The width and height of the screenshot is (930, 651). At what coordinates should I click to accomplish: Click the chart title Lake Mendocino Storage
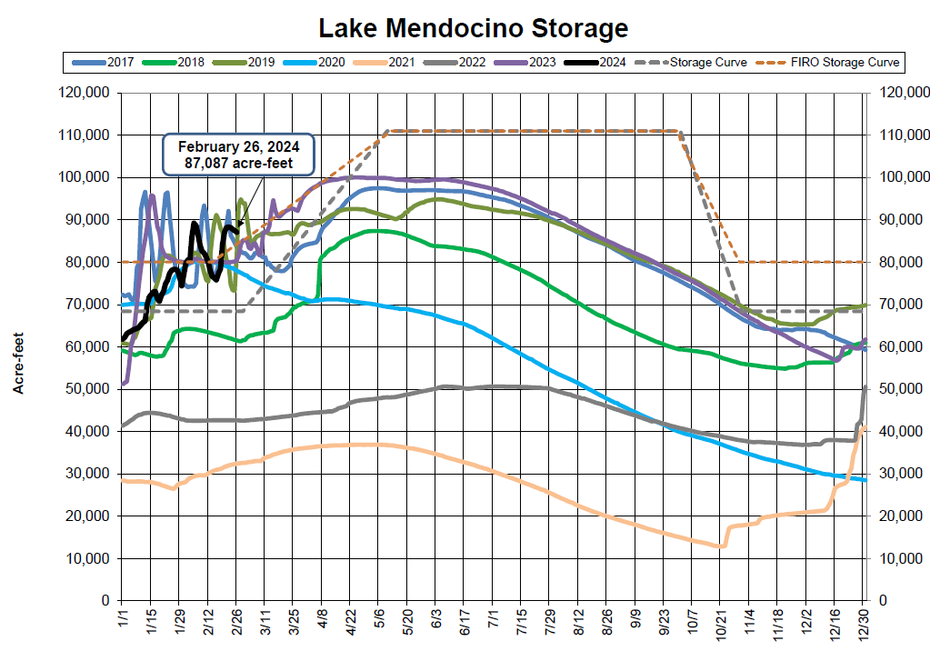(473, 27)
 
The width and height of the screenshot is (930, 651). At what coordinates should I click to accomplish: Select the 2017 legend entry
(103, 63)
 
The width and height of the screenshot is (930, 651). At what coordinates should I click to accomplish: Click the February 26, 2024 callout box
(239, 155)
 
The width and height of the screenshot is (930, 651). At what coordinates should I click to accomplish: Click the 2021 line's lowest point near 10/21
(720, 546)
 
